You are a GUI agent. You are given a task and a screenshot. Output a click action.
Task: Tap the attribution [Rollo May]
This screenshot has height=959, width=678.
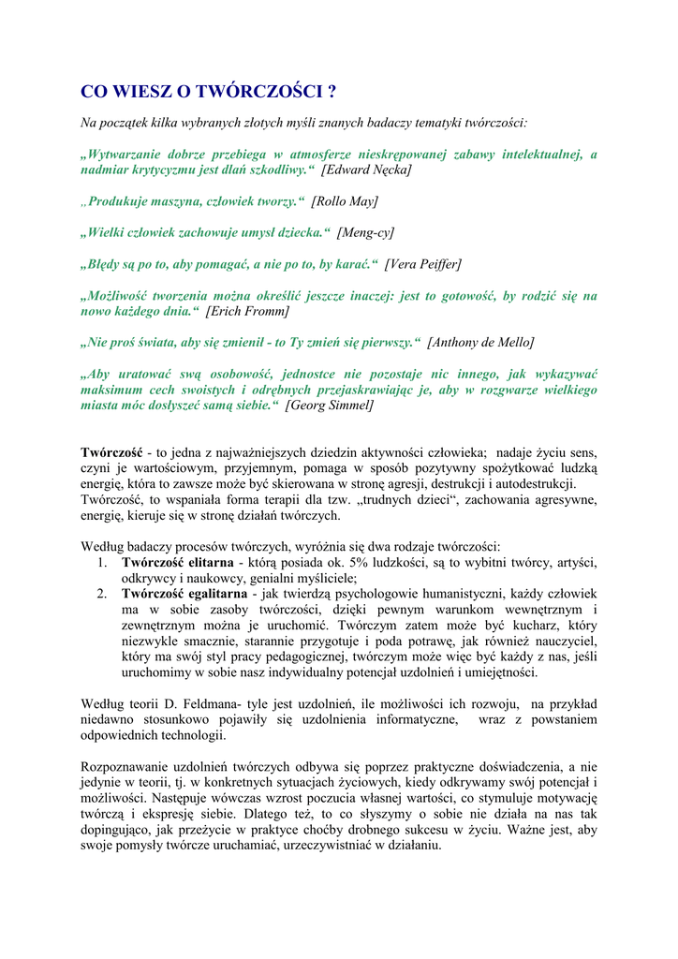(345, 200)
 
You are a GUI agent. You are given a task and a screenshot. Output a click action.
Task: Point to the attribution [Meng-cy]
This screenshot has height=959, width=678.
(366, 232)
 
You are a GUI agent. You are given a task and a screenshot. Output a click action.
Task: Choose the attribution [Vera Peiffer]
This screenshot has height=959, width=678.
(422, 263)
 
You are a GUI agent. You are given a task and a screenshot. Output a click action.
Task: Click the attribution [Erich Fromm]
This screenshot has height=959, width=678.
(247, 311)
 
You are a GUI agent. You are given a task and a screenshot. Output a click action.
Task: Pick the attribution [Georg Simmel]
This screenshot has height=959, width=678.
(329, 406)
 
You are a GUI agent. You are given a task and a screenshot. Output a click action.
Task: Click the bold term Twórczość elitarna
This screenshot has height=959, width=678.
(178, 562)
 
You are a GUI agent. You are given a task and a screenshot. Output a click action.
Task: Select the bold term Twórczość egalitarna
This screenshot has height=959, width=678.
(184, 594)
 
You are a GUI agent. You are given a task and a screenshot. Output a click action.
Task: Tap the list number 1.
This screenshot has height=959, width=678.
(102, 562)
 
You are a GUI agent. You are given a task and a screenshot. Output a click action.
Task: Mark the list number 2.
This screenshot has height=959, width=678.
(102, 594)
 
